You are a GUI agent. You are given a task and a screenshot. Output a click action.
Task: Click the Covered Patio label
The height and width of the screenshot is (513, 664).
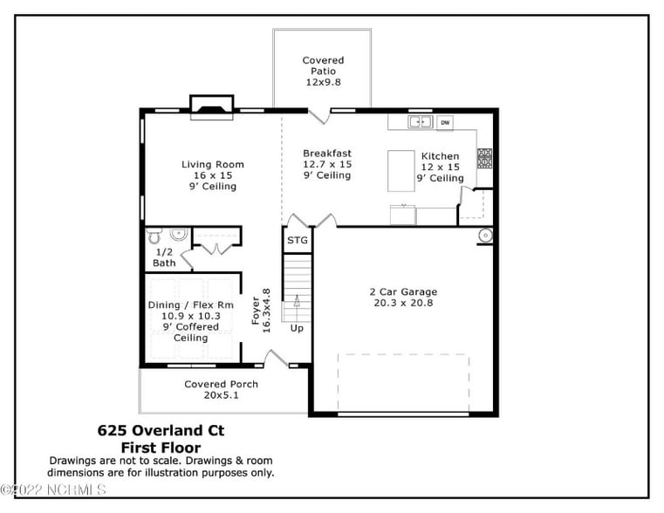(x=323, y=71)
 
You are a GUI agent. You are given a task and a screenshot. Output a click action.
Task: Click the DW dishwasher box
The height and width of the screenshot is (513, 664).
(x=445, y=123)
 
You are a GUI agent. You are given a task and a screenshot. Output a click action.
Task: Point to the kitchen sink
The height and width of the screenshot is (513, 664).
(x=421, y=122)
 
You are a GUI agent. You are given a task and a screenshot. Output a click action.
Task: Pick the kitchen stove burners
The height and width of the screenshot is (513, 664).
(x=483, y=158)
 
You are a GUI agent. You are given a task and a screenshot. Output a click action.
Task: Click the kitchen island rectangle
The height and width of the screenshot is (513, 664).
(x=400, y=169)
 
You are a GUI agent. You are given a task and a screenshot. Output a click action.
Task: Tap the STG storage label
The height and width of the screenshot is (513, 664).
(x=297, y=240)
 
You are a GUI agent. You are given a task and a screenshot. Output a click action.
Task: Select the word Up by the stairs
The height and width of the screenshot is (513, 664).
(x=297, y=328)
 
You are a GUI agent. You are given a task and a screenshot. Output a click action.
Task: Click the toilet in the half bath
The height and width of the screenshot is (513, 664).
(x=154, y=236)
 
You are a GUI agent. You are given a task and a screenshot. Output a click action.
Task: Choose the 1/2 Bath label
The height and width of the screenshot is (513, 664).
(x=164, y=256)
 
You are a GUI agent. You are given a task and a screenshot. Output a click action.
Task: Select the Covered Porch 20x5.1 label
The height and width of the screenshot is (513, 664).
(x=221, y=389)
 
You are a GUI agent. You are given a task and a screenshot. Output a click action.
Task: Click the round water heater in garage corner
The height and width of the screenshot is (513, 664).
(x=484, y=235)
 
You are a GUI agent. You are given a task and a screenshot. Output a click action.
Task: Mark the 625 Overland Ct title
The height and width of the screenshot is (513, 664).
(x=160, y=431)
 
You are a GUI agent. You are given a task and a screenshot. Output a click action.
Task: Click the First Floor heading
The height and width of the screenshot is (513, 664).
(x=160, y=447)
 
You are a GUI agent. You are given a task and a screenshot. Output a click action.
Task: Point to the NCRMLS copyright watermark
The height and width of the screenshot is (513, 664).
(x=54, y=490)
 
